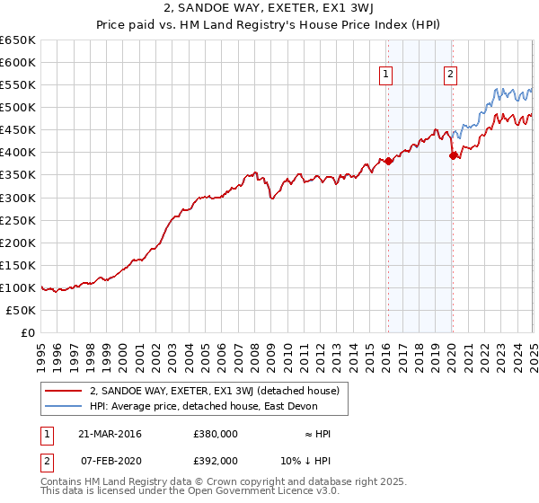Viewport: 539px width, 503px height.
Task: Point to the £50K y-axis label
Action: click(x=21, y=310)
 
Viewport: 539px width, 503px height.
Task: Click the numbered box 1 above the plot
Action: click(x=385, y=75)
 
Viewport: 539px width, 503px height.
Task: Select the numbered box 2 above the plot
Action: click(x=449, y=75)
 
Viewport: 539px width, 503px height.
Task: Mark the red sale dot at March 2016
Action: click(x=388, y=161)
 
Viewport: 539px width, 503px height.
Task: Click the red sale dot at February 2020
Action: click(x=452, y=155)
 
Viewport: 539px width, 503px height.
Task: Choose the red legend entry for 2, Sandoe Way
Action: click(x=214, y=391)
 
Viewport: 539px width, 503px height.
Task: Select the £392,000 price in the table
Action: click(x=215, y=460)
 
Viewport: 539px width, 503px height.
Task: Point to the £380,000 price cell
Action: click(x=215, y=434)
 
